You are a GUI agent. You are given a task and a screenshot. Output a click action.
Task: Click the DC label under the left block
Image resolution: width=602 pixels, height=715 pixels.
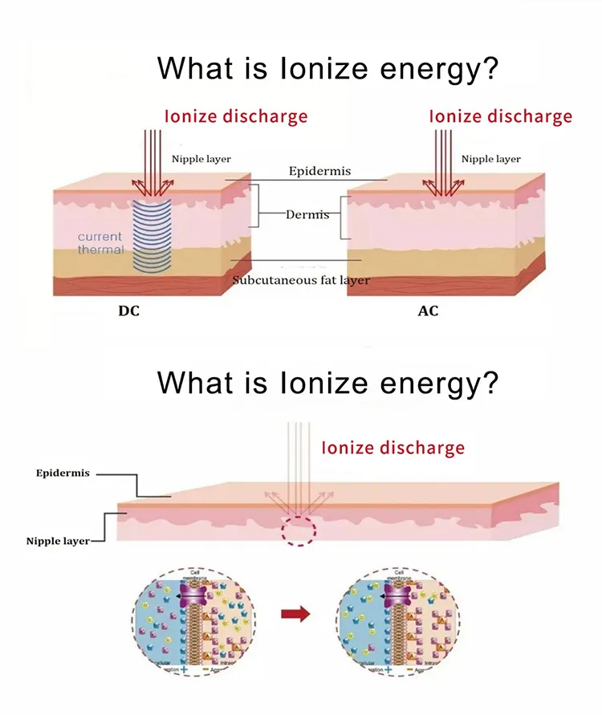(128, 311)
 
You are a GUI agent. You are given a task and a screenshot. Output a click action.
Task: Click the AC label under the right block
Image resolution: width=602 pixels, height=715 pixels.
(429, 311)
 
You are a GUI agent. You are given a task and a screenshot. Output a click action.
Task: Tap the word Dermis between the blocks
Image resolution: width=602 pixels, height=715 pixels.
(307, 215)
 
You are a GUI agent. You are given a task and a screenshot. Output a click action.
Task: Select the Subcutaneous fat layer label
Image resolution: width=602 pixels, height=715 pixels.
(301, 280)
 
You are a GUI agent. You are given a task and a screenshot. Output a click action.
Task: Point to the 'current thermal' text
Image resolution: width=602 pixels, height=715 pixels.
(100, 243)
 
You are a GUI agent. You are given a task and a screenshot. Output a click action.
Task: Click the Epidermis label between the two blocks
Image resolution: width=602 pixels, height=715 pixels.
(308, 172)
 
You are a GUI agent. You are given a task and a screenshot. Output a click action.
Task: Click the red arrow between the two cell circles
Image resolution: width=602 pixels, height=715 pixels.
(297, 615)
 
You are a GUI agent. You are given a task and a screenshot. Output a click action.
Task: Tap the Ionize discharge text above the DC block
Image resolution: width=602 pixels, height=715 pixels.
(236, 116)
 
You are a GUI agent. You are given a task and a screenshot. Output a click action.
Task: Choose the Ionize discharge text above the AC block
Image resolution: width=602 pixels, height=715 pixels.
(501, 116)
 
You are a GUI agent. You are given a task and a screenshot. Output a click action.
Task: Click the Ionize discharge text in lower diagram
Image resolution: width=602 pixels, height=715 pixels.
(393, 448)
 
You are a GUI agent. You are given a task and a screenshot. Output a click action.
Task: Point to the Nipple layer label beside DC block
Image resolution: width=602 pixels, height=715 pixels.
(201, 160)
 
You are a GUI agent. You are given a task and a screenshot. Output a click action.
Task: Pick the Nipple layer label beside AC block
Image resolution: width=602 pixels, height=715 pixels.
(491, 160)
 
